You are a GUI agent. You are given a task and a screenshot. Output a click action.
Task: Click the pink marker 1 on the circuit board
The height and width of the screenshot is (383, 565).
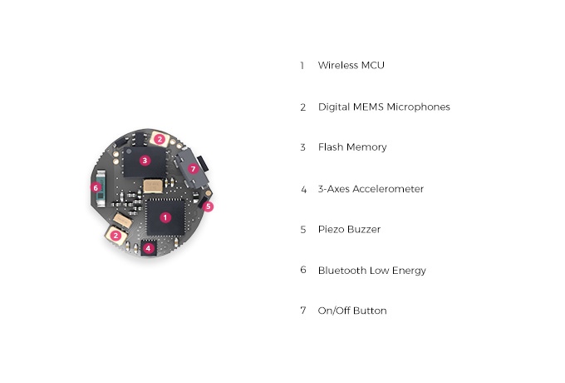coord(165,217)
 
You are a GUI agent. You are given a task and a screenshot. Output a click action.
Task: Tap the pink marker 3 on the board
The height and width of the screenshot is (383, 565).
coord(145,160)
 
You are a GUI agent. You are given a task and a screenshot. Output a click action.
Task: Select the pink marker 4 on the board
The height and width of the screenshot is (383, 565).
coord(148,248)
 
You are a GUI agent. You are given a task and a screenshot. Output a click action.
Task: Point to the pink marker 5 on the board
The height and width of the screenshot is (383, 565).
coord(209,206)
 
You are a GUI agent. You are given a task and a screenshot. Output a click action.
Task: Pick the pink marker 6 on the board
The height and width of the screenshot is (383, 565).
coord(96,187)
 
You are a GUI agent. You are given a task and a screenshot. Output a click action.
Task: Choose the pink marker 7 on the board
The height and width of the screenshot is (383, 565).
coord(193,168)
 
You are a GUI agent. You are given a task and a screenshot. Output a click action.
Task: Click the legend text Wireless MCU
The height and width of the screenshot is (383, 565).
coord(351,65)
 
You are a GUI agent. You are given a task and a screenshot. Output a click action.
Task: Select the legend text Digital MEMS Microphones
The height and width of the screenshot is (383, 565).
coord(384,107)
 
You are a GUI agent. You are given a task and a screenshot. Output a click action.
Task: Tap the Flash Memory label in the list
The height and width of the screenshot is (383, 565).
coord(352,147)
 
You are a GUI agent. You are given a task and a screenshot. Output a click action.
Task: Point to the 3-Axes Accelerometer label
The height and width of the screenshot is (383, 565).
coord(371,189)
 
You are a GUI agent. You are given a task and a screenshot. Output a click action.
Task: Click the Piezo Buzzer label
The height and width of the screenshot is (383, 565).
coord(349,229)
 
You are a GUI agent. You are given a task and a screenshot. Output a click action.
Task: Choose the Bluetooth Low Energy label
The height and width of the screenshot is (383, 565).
coord(371,270)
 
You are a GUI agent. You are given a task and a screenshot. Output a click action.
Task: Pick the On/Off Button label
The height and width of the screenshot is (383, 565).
coord(352,311)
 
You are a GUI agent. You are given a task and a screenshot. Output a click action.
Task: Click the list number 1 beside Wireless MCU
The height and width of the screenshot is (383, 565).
coord(302,65)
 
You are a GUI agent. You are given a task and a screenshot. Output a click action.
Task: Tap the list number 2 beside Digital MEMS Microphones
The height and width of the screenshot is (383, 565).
coord(303,107)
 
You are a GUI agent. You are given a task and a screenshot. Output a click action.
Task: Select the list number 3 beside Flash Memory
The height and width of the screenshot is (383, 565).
coord(303,147)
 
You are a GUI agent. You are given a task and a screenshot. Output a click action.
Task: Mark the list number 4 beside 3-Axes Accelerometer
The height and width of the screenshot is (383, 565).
coord(303,189)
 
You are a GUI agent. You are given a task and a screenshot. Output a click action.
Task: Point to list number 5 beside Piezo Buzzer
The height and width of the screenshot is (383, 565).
coord(303,229)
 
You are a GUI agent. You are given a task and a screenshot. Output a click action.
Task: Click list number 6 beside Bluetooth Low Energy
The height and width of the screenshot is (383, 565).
coord(303,270)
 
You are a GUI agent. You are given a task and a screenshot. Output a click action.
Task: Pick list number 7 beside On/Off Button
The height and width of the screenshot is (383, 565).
coord(303,311)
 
